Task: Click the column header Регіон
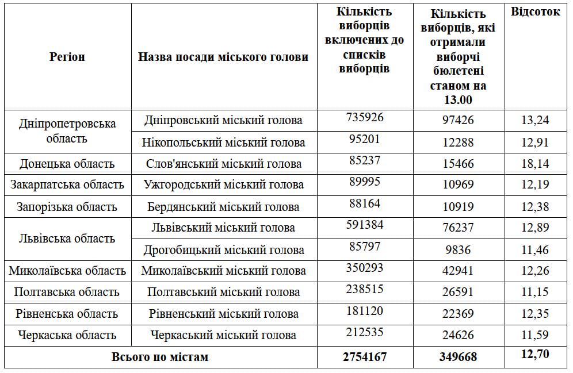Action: (67, 57)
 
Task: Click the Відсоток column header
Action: (535, 12)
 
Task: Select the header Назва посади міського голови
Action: (223, 57)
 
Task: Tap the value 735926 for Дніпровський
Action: (365, 117)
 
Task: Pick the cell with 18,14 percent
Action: (535, 164)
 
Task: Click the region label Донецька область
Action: (67, 164)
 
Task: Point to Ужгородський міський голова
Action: (223, 185)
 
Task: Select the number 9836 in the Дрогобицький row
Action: (458, 250)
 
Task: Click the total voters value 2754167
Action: (365, 357)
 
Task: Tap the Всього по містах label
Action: (160, 357)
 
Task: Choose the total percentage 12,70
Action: (535, 354)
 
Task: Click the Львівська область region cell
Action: (67, 239)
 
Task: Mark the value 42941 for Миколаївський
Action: (458, 271)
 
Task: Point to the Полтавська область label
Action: (67, 292)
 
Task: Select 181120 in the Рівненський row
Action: (365, 310)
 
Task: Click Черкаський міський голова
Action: (223, 335)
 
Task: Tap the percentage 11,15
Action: (535, 293)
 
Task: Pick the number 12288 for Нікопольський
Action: (458, 142)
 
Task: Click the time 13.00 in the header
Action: (458, 99)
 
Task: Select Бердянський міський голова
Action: (223, 207)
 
